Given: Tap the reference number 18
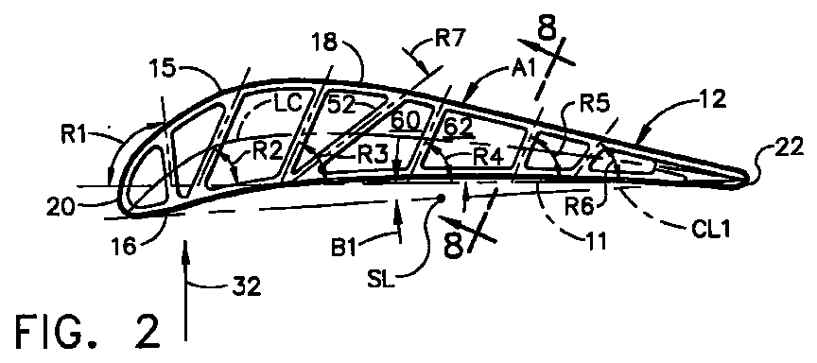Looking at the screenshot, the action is tap(325, 43).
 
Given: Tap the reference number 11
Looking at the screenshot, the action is tap(595, 242).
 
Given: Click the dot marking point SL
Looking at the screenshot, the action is tap(441, 199).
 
